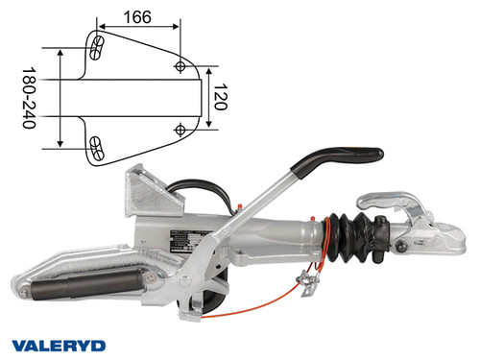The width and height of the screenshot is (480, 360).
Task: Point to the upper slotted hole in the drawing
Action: coord(97,47)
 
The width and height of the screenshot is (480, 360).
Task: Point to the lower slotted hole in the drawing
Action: coord(97,146)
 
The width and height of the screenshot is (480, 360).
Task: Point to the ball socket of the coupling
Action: coord(432,240)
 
